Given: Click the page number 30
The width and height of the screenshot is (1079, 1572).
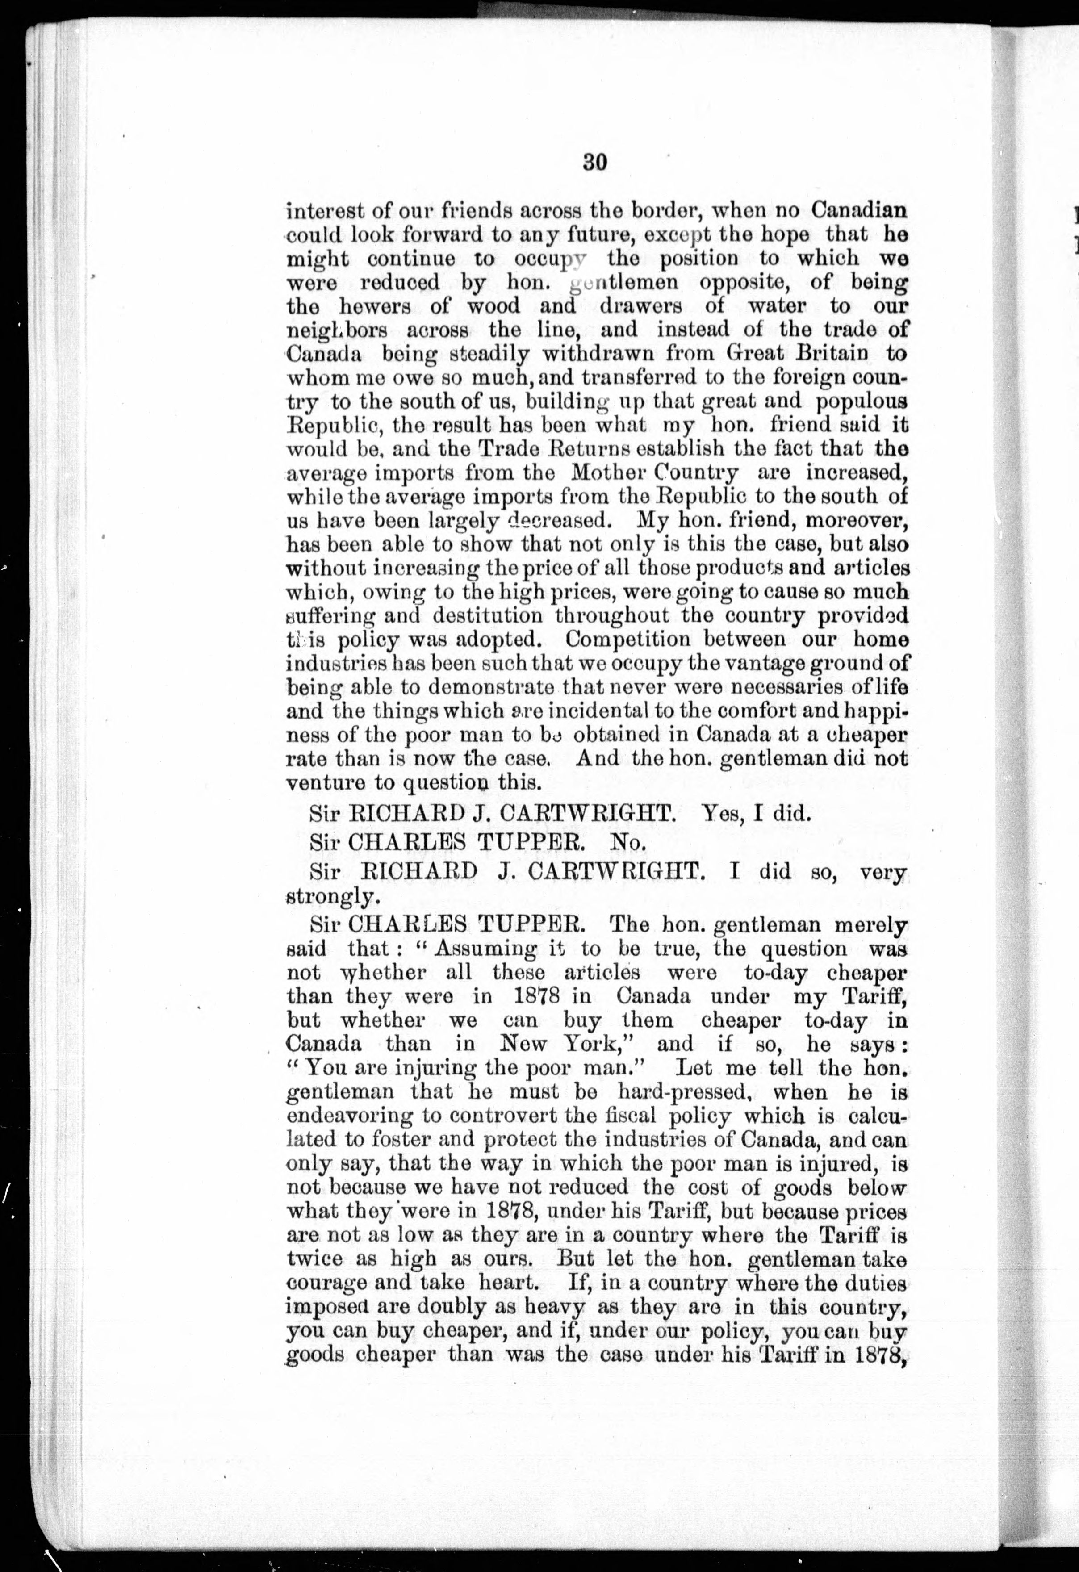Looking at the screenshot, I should (x=594, y=163).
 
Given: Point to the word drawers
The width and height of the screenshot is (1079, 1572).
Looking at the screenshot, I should (x=640, y=306).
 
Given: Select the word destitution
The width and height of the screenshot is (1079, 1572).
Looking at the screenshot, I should (x=487, y=615).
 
